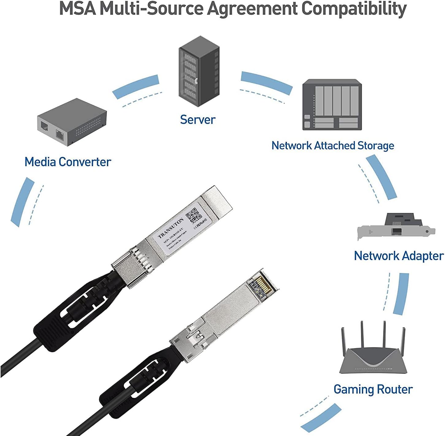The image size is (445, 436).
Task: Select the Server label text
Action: pyautogui.click(x=198, y=119)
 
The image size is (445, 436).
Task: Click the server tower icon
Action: pyautogui.click(x=199, y=71)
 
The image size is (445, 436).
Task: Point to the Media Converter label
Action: pyautogui.click(x=68, y=162)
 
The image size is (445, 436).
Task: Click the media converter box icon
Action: pyautogui.click(x=72, y=122)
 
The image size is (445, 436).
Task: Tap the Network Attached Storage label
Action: pyautogui.click(x=333, y=146)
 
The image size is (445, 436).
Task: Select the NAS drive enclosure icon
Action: pyautogui.click(x=332, y=104)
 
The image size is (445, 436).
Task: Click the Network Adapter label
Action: pyautogui.click(x=399, y=256)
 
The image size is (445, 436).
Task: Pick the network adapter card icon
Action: pyautogui.click(x=396, y=227)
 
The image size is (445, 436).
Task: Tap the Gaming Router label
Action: pyautogui.click(x=373, y=389)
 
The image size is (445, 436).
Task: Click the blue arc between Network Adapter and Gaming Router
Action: pyautogui.click(x=401, y=294)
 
